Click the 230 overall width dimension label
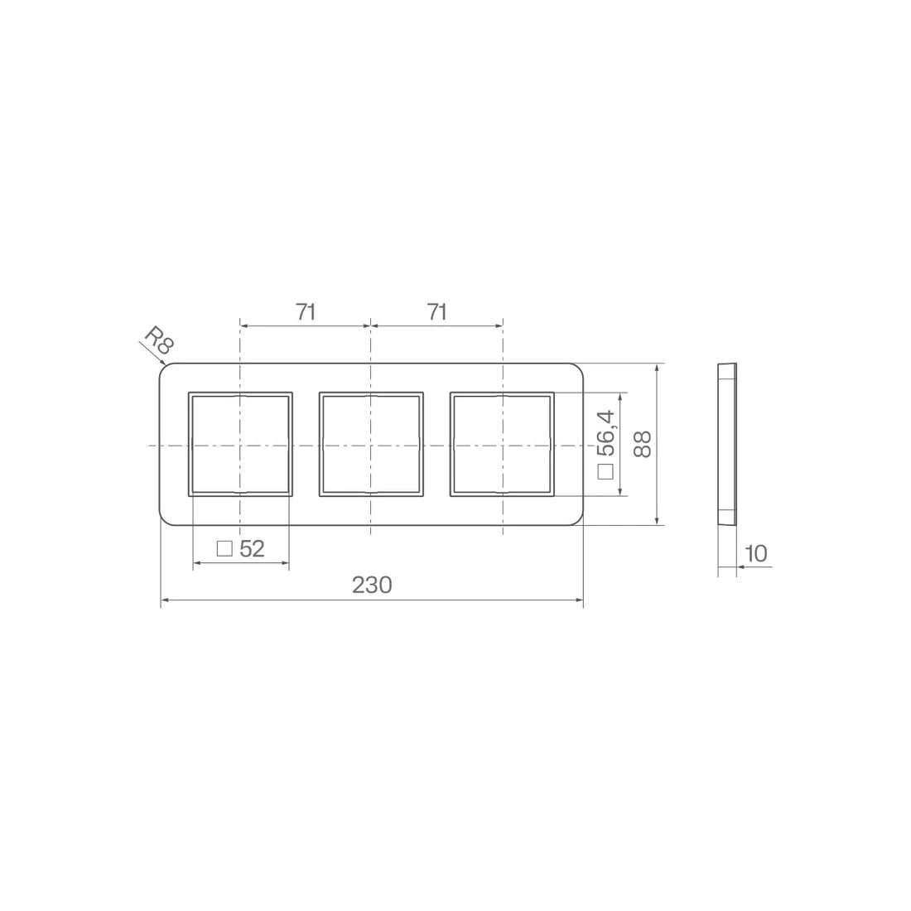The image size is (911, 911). click(372, 585)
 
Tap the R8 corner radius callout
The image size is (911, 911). click(159, 340)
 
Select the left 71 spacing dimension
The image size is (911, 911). click(306, 312)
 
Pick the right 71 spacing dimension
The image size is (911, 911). click(437, 312)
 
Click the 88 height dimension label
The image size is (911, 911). click(643, 444)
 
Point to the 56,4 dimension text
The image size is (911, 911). click(606, 433)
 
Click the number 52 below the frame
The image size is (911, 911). click(252, 548)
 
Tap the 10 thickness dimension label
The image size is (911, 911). click(756, 554)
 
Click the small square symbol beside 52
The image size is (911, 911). click(224, 548)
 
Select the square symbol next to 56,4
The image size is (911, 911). click(605, 471)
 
